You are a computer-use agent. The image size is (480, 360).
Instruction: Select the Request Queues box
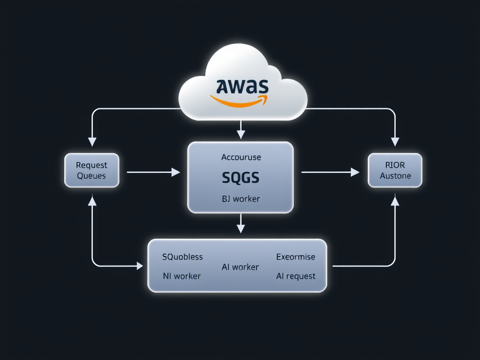pos(92,170)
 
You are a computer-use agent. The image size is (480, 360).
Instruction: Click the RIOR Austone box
pos(395,170)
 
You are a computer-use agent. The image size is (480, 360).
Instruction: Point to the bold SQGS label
pos(240,178)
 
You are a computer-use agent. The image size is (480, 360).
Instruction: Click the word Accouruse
pos(241,157)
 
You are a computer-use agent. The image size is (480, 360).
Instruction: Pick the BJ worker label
pos(240,199)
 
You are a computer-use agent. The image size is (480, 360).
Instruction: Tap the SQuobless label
pos(182,256)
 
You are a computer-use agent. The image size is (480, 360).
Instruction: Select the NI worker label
pos(181,276)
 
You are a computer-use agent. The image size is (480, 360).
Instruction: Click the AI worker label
pos(240,267)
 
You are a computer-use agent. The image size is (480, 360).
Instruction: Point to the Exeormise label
pos(295,257)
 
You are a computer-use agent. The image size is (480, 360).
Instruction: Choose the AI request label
pos(295,276)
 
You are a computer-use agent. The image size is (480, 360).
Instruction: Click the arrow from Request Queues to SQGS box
pos(153,172)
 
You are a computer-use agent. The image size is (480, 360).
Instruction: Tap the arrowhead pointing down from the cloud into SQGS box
pos(241,135)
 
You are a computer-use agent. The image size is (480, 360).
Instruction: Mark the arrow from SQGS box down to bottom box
pos(240,224)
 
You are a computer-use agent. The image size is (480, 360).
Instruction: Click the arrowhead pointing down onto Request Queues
pos(92,141)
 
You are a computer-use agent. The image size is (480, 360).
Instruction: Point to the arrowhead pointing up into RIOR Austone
pos(395,201)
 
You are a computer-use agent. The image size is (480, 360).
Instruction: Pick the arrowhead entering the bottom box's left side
pos(139,266)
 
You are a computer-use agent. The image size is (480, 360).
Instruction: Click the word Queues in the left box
pos(91,176)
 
